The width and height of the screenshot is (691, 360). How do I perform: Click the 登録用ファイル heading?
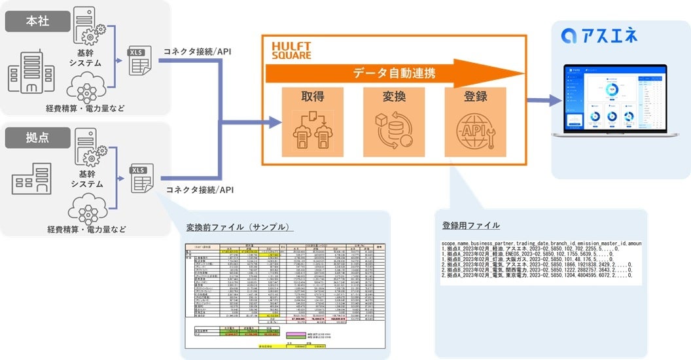470,225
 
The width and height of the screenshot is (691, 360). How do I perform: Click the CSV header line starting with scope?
541,243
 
